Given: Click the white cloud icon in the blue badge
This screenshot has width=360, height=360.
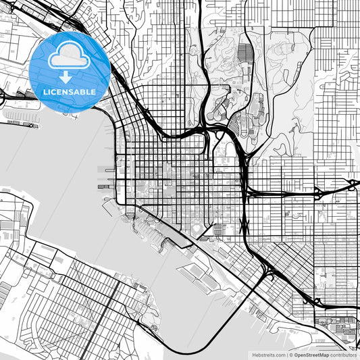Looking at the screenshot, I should pos(70,51).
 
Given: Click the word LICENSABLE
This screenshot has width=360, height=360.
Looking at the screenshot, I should pos(70,91).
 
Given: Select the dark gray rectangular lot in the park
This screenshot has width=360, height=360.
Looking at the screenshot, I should pos(244,53).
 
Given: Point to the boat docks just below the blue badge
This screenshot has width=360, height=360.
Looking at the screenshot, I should pos(24,122).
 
